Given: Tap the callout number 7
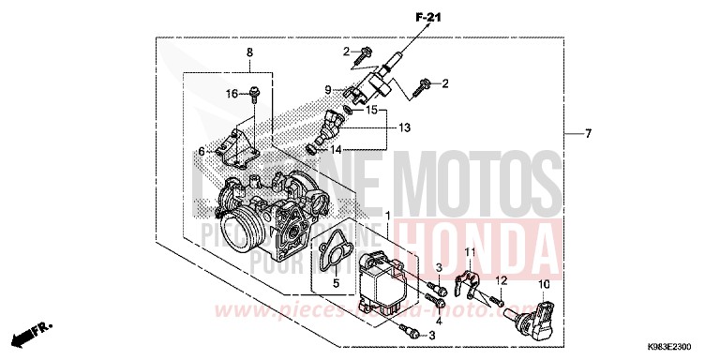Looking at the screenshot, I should (x=588, y=135).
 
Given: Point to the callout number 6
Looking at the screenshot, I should (x=202, y=151).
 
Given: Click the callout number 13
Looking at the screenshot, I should (x=405, y=127).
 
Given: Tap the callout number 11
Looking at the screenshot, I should (x=472, y=253).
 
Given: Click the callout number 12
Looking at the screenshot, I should (x=501, y=280).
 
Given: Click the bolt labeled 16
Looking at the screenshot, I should (x=254, y=93).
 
